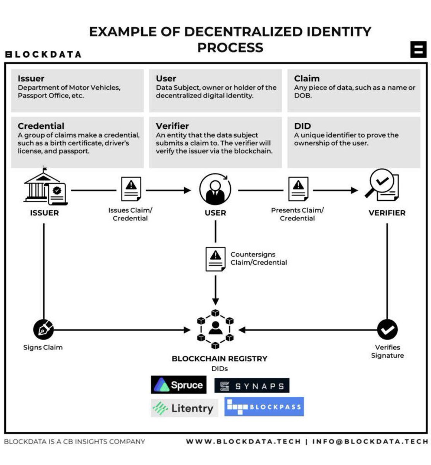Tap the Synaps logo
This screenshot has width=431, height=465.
(252, 386)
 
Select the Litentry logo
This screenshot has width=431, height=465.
(184, 408)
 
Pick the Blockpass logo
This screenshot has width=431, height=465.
(264, 407)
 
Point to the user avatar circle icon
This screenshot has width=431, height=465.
(215, 189)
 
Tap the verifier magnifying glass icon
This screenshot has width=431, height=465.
(382, 186)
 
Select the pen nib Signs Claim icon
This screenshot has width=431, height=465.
(43, 330)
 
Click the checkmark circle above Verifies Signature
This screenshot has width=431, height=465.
(387, 330)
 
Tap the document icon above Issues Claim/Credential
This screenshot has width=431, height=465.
(131, 189)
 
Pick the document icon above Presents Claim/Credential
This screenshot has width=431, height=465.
(298, 189)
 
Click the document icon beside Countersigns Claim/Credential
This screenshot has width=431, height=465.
(215, 258)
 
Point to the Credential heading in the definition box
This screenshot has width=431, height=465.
(41, 126)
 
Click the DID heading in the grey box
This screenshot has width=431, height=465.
(302, 126)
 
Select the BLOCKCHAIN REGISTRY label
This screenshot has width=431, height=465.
(220, 359)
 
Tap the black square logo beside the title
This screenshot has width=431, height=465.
(418, 49)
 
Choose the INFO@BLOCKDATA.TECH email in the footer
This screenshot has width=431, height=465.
(370, 441)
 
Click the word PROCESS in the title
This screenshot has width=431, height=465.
(230, 47)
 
